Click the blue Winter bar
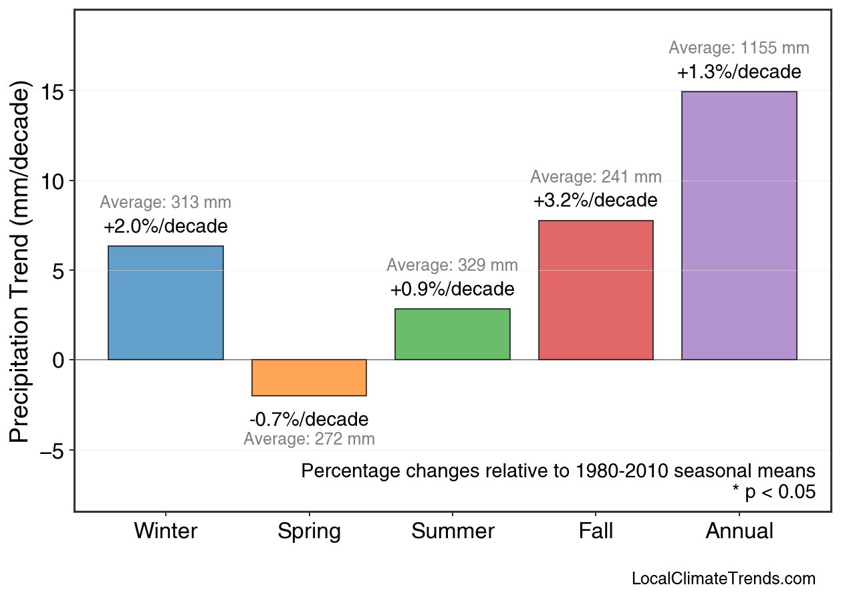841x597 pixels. [x=166, y=303]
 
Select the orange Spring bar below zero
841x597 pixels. [x=309, y=378]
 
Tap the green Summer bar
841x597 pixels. [x=453, y=334]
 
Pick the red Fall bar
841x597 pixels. [x=596, y=290]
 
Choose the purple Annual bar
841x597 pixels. [x=739, y=225]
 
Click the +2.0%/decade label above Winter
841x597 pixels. [x=166, y=227]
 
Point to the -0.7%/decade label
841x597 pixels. [x=309, y=420]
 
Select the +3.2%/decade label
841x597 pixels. [x=596, y=201]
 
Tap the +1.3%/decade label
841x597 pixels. [x=739, y=72]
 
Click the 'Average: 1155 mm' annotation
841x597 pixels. [x=739, y=48]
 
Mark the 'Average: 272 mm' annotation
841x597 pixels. [x=309, y=439]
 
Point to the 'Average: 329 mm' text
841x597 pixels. [x=453, y=265]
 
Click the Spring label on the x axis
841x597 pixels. [x=309, y=531]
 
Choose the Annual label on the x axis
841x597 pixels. [x=739, y=531]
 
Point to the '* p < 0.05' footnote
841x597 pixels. [x=773, y=492]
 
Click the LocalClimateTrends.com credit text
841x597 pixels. [x=723, y=578]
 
